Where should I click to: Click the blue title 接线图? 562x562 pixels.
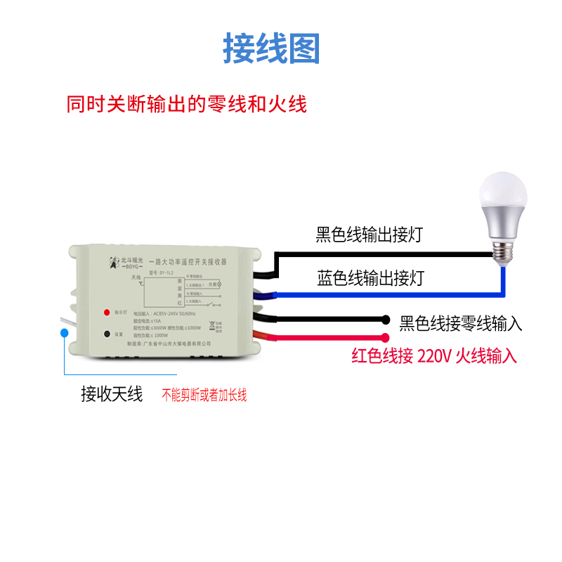tap(271, 48)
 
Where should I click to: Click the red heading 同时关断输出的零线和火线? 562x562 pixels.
tap(186, 105)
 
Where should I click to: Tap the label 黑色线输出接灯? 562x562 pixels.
tap(369, 234)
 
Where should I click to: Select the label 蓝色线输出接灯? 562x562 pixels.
tap(370, 278)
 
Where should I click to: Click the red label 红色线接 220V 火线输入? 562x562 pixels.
tap(434, 356)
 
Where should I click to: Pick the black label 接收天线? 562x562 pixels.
tap(112, 394)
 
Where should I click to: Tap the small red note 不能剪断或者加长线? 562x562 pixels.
tap(204, 396)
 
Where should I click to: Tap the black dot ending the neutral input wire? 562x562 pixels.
tap(385, 319)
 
